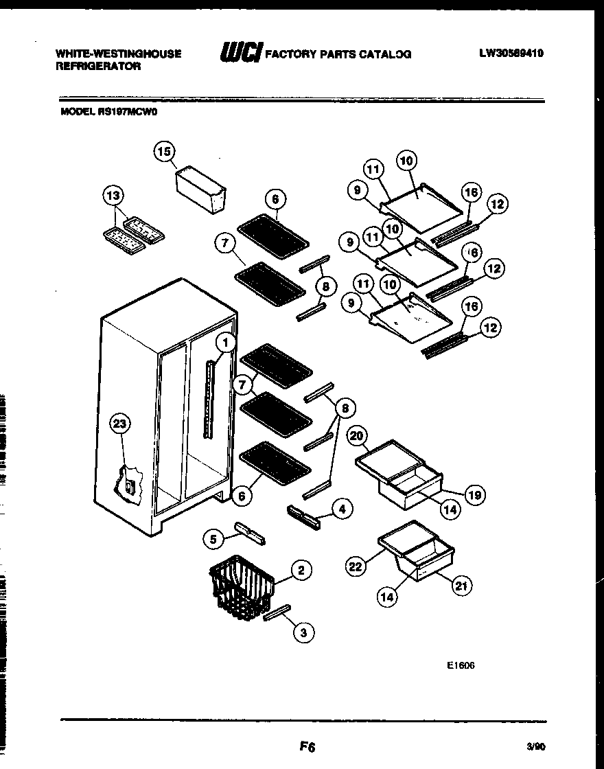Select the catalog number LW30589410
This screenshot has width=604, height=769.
(511, 53)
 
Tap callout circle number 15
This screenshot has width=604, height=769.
(165, 152)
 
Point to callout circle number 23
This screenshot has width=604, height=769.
(121, 424)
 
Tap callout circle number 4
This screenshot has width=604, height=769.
(342, 509)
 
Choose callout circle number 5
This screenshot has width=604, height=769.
(214, 540)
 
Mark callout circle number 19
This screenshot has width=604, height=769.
(474, 494)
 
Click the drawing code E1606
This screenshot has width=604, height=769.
(460, 665)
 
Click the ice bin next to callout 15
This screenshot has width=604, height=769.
(200, 188)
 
